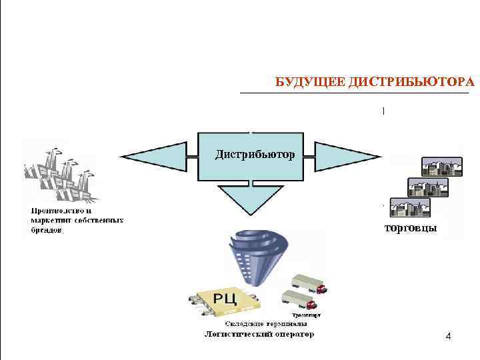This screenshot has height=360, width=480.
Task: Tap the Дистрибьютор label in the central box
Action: (x=254, y=155)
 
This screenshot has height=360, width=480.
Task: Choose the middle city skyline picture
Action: (x=427, y=187)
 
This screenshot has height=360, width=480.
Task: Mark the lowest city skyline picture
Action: (x=410, y=208)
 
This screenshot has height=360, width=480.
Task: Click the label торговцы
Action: (x=411, y=229)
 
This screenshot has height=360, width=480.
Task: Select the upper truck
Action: (x=308, y=284)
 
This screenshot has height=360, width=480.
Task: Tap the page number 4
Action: (x=448, y=337)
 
